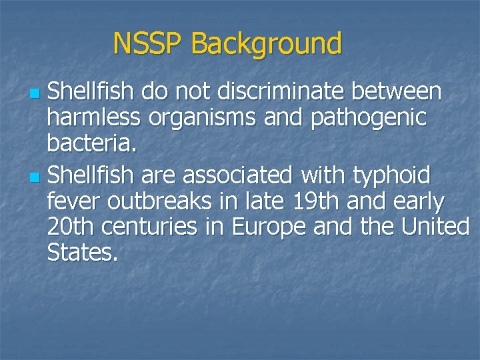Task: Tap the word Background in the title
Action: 266,44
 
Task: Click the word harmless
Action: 94,117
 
